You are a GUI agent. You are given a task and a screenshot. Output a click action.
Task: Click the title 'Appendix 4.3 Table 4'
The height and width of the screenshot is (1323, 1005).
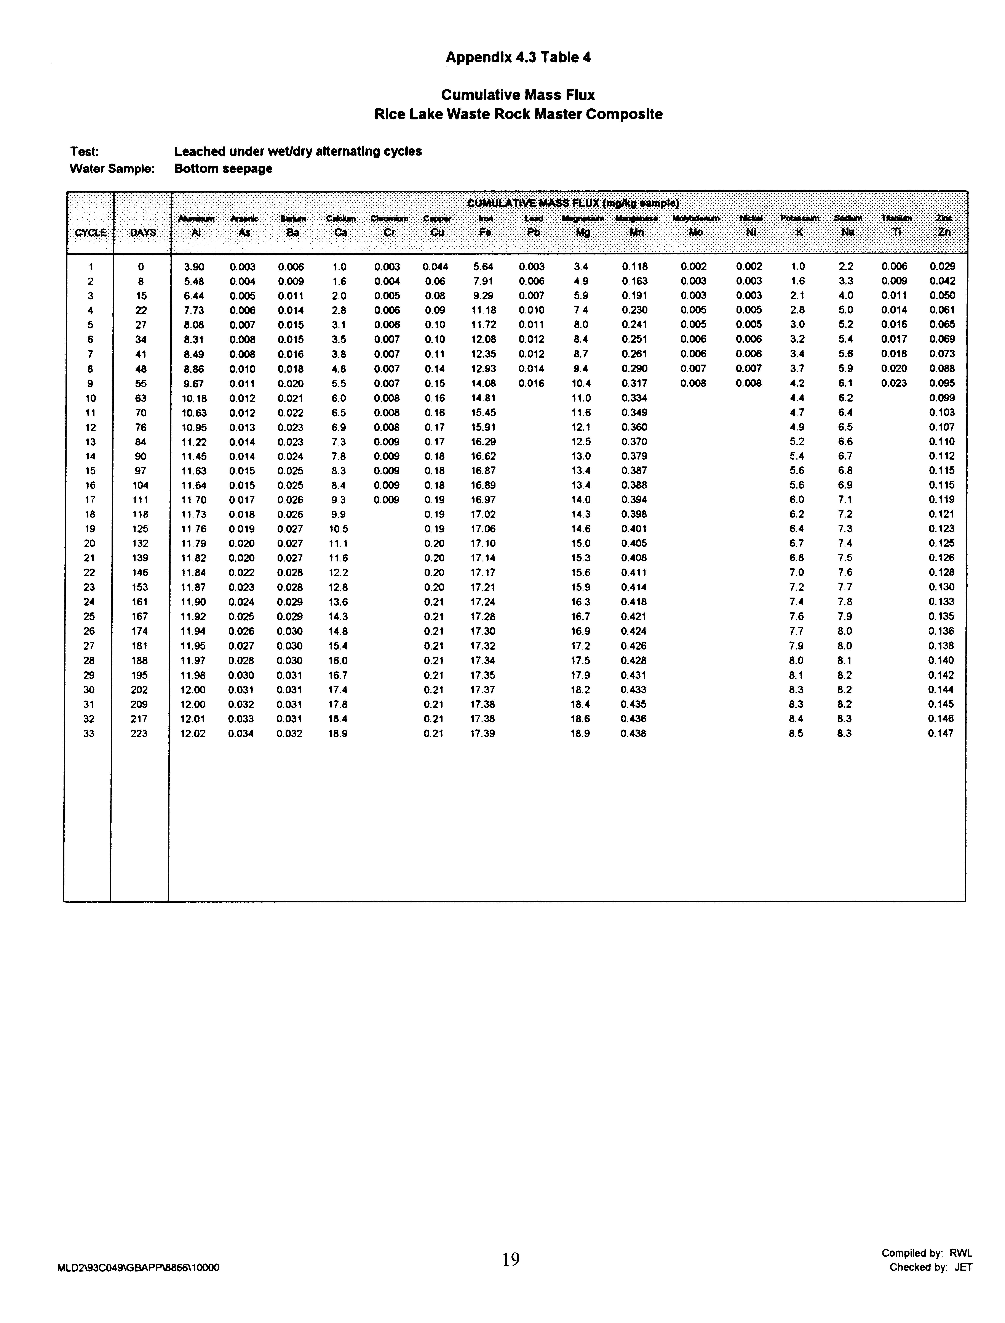[518, 58]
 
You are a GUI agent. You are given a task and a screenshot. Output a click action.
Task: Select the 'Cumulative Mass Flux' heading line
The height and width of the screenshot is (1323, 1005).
[518, 95]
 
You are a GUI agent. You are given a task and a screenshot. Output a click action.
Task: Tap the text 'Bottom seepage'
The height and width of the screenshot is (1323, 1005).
[223, 169]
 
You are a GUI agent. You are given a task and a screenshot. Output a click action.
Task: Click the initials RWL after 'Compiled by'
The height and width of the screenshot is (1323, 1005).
[961, 1253]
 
